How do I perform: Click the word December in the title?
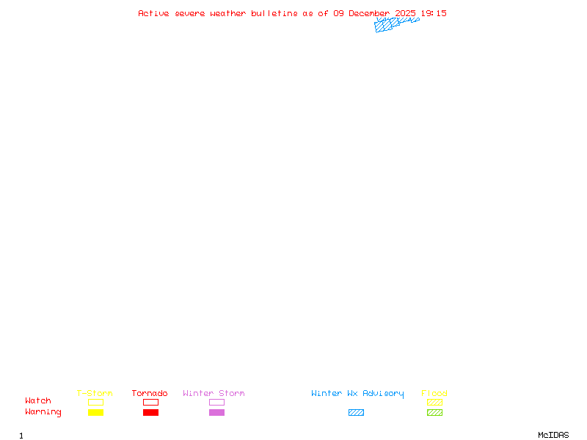[369, 13]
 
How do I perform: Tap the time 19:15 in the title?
[433, 13]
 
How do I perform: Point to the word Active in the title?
[154, 13]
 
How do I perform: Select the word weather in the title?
[227, 13]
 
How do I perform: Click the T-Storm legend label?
[95, 394]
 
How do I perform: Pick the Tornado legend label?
[150, 394]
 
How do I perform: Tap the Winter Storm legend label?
[214, 394]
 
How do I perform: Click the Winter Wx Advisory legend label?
[357, 394]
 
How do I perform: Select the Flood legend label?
[434, 394]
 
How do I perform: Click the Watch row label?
[38, 401]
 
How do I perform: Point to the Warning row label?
[43, 412]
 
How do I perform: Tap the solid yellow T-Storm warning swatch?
[95, 413]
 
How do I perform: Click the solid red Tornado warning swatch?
[150, 413]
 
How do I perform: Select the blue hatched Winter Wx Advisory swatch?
[356, 413]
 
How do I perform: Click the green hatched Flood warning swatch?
[434, 413]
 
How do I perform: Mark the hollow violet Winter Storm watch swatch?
[216, 403]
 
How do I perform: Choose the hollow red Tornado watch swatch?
[150, 403]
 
